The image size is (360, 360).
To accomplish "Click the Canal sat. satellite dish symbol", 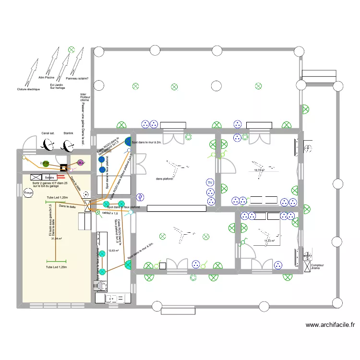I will pos(48,144).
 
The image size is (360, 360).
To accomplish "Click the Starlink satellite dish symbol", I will pos(68,144).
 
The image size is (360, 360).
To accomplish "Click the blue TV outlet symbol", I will pos(210,183).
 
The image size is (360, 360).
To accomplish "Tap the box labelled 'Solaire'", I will pos(49,177).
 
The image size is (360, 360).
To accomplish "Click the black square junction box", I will pos(64,168).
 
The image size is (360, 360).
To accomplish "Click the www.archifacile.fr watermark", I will pos(330,325).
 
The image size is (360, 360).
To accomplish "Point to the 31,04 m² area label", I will pos(57,238).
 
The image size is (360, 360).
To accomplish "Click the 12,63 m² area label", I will pos(114,251).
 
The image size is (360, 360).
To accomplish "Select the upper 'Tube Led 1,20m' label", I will pos(57,198).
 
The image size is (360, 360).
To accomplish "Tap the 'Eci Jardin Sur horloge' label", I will pos(58,86).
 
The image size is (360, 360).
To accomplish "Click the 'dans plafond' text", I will pos(165,179).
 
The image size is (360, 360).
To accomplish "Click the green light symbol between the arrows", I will pos(71,49).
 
